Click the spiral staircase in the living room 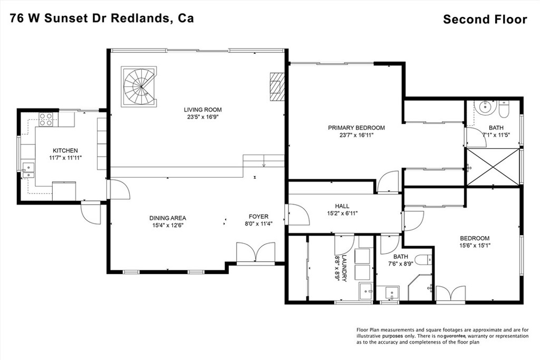coord(139,86)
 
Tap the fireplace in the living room coord(276,85)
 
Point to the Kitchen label coord(65,151)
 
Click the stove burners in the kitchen coord(46,119)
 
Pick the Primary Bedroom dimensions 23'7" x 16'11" coord(356,135)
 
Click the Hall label coord(342,206)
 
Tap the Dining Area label coord(168,218)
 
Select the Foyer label coord(259,217)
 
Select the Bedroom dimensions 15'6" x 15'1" coord(475,245)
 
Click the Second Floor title coord(485,20)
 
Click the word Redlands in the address coord(141,18)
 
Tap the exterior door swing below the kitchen coord(91,213)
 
